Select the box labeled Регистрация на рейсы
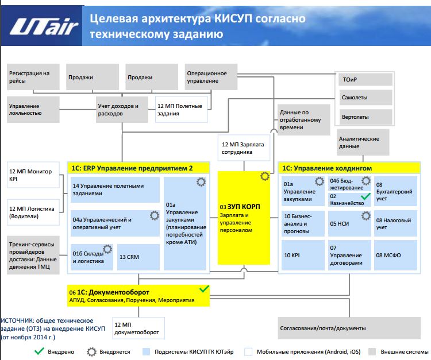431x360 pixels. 33,77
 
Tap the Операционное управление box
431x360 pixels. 210,77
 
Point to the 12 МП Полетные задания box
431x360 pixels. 182,109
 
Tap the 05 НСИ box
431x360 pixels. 349,223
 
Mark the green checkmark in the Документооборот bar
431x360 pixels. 203,289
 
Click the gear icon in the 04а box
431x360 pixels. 154,216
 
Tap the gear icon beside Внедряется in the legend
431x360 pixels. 91,351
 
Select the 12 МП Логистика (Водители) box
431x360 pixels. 33,211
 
